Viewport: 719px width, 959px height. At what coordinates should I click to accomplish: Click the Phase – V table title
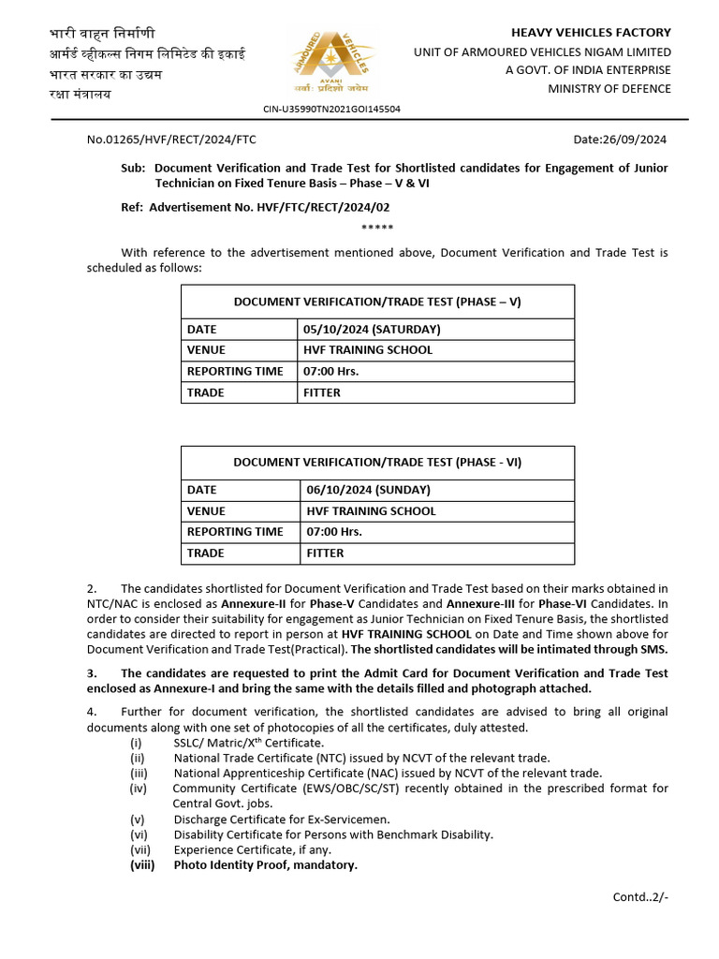click(377, 302)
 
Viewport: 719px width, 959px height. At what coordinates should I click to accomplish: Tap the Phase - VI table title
click(377, 462)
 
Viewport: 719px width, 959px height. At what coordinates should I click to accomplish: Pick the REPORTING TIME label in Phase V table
click(235, 372)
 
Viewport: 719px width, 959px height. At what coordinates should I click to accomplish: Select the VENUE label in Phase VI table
click(206, 511)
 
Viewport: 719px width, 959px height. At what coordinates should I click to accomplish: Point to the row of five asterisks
click(377, 228)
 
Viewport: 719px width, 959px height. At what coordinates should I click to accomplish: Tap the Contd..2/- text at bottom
click(640, 896)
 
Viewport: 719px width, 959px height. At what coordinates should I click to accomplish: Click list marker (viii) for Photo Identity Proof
click(141, 865)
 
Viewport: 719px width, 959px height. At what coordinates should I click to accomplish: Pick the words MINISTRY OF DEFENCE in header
click(609, 89)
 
